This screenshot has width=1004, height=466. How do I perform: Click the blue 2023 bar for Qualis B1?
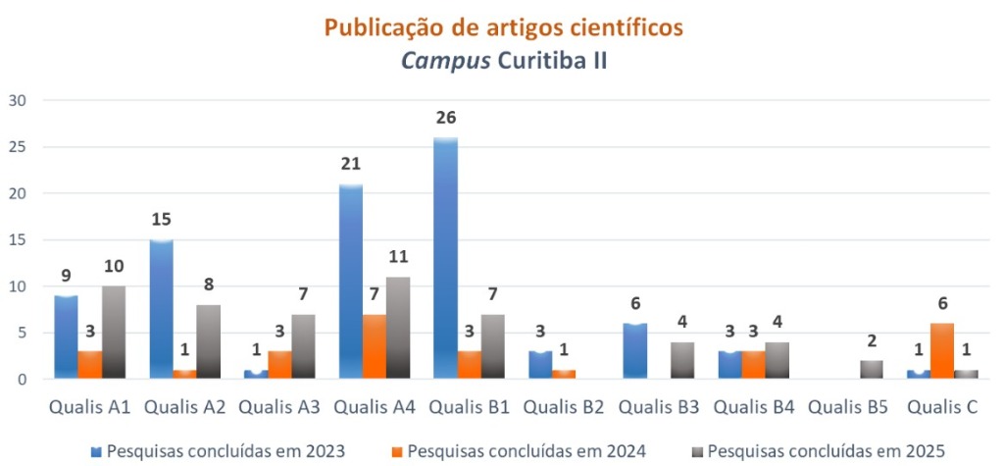(x=445, y=258)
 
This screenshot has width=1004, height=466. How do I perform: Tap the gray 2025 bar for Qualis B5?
(x=872, y=369)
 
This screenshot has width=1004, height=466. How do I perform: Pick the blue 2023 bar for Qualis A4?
(x=350, y=281)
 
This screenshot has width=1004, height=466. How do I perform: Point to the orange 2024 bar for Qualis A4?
(x=375, y=346)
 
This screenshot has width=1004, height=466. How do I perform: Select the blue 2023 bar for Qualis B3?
(x=634, y=351)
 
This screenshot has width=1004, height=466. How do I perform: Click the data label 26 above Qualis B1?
(x=445, y=118)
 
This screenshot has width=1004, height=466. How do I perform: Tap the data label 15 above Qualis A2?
(x=161, y=220)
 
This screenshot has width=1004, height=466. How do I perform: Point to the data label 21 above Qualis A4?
(x=350, y=164)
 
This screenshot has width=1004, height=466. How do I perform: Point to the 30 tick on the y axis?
(x=18, y=100)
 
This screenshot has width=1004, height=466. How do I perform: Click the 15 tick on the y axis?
(x=18, y=239)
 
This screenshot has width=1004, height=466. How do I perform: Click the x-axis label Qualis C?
(x=941, y=404)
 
